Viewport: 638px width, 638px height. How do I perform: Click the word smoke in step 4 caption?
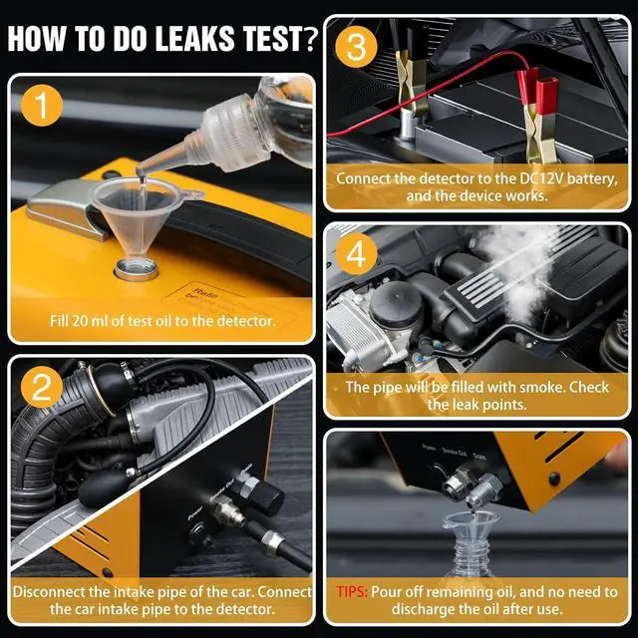click(x=514, y=387)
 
